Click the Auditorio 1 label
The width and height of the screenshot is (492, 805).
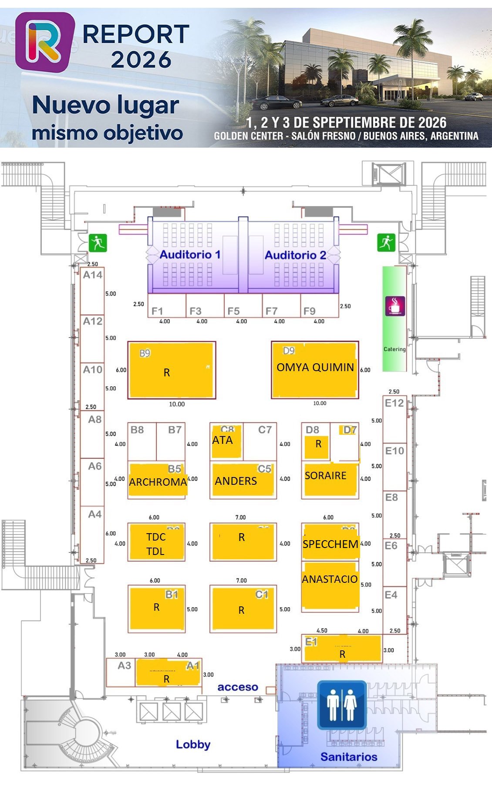[x=190, y=254]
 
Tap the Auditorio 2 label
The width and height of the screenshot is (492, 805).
[x=295, y=255]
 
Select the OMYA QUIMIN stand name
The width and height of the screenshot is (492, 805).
[x=315, y=367]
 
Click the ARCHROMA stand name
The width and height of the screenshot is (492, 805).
[x=158, y=482]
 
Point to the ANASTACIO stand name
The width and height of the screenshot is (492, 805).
[x=330, y=579]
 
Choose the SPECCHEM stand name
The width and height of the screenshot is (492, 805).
[x=330, y=544]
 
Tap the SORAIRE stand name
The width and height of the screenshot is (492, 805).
[x=325, y=475]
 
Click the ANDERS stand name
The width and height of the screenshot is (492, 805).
[x=236, y=481]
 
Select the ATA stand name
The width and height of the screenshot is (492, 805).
[x=222, y=440]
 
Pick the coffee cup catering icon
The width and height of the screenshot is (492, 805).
[x=395, y=306]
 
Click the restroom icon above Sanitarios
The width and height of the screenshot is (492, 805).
[x=341, y=705]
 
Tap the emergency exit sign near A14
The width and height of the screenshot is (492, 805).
[x=98, y=243]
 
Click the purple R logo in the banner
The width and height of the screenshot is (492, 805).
[x=44, y=42]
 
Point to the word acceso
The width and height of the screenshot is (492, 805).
[x=238, y=687]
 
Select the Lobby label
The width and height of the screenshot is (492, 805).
[x=193, y=744]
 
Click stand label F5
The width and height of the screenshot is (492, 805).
[x=233, y=311]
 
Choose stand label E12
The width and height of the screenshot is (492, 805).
[x=394, y=403]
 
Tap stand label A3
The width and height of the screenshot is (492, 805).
[x=124, y=665]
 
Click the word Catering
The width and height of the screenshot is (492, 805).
[x=394, y=349]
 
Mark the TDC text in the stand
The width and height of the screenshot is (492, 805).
[x=155, y=537]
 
